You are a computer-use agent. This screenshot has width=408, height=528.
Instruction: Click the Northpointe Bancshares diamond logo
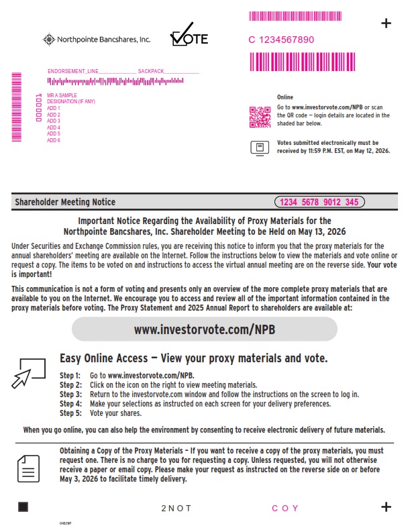pos(49,40)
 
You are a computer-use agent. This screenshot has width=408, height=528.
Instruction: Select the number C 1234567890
pos(281,40)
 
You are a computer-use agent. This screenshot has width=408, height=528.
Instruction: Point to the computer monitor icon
pos(259,148)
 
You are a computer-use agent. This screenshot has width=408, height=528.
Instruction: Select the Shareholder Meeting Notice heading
pos(65,202)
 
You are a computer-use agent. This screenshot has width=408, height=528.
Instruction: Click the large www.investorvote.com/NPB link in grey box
pos(205,329)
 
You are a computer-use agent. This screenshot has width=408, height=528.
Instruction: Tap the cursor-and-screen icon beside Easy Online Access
pos(28,372)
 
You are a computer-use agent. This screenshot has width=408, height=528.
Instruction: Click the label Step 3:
pos(70,394)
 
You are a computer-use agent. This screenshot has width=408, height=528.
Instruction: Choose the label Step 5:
pos(70,413)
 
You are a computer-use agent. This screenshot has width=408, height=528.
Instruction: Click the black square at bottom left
pos(23,507)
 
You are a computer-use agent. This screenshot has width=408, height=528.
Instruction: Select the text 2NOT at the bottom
pos(176,509)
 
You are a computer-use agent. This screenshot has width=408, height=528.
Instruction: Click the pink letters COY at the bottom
pos(285,509)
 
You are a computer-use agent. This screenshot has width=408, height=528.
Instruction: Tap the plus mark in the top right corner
pos(386,23)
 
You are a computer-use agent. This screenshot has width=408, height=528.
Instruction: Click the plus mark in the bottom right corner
pos(386,507)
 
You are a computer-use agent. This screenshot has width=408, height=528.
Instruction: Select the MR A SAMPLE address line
pos(62,96)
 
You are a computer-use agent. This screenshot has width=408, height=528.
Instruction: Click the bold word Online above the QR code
pos(285,97)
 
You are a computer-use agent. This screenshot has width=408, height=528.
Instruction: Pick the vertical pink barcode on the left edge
pos(17,107)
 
